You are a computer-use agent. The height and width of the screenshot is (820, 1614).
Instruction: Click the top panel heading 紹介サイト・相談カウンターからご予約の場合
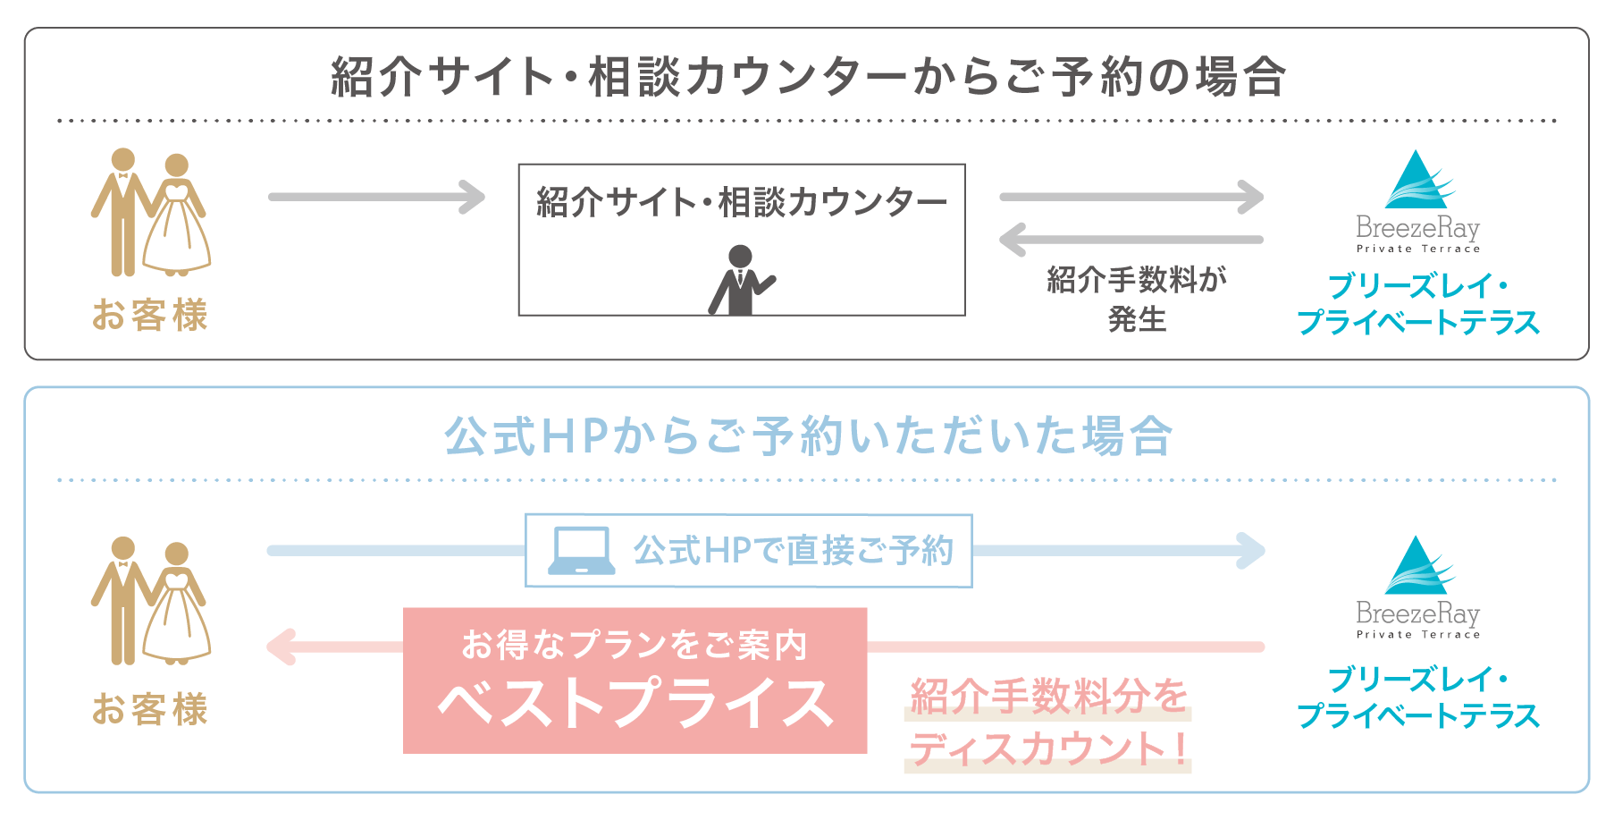808,76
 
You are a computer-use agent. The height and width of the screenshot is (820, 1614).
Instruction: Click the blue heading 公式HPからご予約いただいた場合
808,436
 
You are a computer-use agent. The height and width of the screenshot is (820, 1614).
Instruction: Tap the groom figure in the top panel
122,212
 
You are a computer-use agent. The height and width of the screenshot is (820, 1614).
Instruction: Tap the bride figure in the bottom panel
177,602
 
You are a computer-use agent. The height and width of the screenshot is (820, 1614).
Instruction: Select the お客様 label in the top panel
150,315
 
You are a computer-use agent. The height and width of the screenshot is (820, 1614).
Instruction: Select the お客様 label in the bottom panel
150,708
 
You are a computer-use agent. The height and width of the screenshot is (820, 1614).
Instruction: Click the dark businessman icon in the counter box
741,280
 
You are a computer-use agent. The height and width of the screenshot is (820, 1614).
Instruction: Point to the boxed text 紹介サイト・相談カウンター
742,202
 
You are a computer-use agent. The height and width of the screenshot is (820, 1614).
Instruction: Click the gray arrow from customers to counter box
376,197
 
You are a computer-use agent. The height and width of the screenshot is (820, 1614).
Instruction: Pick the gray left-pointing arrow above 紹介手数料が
1131,240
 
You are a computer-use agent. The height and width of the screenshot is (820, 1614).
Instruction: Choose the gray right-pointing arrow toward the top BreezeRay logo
1131,197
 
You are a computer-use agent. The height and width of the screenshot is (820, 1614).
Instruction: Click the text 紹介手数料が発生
1137,299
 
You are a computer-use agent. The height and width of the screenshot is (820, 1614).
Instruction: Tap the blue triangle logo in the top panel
1418,181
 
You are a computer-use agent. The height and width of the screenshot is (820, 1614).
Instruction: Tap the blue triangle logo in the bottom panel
1418,566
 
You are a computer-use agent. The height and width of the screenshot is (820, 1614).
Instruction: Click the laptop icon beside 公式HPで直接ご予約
582,551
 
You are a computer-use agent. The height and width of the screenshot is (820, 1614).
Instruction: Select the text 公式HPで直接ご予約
794,551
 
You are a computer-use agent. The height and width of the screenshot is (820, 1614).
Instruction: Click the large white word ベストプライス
635,703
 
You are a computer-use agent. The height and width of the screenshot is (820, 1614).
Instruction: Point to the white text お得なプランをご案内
635,644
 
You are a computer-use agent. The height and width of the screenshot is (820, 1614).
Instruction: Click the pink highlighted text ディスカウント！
1049,748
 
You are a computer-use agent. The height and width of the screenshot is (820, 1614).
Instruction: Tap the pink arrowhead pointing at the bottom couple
281,647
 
